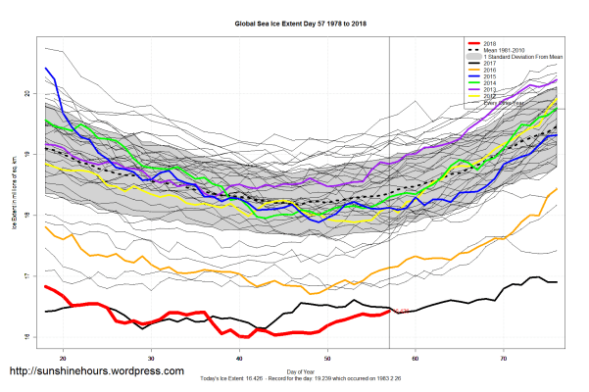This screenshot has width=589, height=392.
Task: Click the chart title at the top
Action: (293, 22)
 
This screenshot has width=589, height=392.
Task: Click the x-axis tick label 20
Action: (64, 357)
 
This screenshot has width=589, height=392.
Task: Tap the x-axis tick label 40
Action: (240, 357)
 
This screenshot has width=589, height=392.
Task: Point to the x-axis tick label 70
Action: (505, 357)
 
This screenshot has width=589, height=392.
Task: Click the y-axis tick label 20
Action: (29, 94)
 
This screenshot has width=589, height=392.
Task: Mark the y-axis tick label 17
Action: (29, 277)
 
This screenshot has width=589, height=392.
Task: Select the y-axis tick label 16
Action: (29, 338)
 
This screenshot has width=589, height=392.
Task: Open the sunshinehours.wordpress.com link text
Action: (96, 371)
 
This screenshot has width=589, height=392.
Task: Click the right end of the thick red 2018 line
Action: (389, 312)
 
